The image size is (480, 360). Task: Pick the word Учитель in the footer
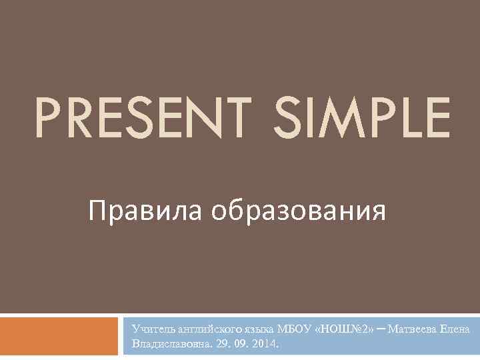(151, 329)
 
